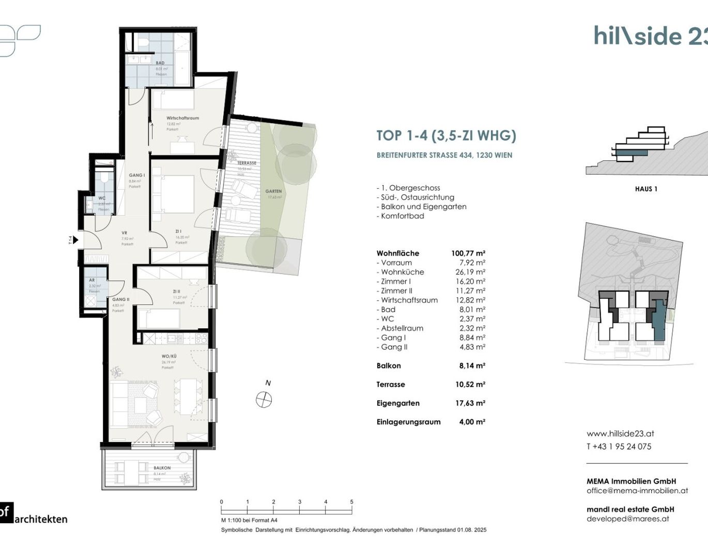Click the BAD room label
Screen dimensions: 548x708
[x=160, y=63]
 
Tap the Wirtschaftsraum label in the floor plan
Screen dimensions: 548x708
[x=182, y=118]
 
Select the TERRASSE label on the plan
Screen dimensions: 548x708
[x=247, y=163]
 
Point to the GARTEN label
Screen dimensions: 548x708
[x=273, y=191]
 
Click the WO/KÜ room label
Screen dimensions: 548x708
[x=169, y=356]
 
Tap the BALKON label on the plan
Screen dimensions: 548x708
[x=162, y=468]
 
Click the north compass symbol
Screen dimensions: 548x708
[x=264, y=399]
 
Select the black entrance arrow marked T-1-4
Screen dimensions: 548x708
[x=75, y=240]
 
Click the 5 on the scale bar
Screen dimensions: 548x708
[x=351, y=502]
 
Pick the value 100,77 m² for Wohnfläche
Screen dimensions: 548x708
[x=468, y=253]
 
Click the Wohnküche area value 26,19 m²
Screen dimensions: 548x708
[x=472, y=272]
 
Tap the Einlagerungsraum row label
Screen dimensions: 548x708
[x=408, y=422]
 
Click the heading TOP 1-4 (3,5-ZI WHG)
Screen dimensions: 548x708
[x=446, y=135]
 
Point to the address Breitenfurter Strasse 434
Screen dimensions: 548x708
[x=444, y=155]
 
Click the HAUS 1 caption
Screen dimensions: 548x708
[x=646, y=189]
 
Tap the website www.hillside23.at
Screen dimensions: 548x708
[x=620, y=434]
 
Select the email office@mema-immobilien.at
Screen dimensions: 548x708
[x=637, y=491]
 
